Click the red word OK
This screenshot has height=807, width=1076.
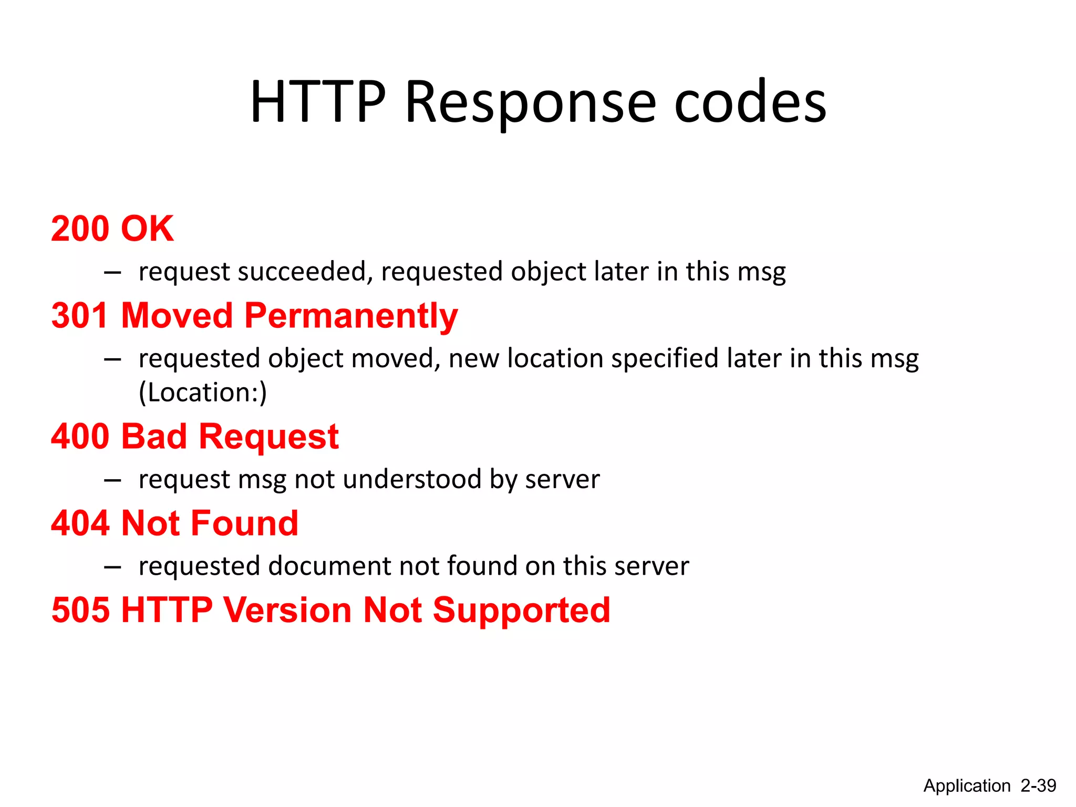[147, 229]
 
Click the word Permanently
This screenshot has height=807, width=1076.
[351, 317]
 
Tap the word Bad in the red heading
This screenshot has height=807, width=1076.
[154, 437]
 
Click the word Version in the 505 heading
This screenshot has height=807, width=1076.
[287, 610]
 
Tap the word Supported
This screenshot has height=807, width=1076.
[521, 611]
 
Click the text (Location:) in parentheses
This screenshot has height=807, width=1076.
[203, 392]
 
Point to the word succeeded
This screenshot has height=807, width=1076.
[305, 272]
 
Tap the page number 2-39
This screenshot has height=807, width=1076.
[1038, 785]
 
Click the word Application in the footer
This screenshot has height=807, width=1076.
[967, 786]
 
